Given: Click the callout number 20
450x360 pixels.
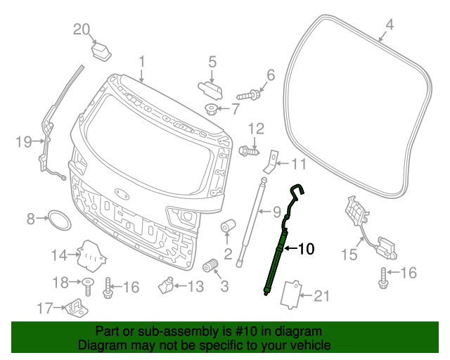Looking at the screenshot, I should click(x=82, y=29).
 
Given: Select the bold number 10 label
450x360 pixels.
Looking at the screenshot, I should click(x=307, y=248).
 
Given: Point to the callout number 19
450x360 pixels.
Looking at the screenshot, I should click(x=23, y=143).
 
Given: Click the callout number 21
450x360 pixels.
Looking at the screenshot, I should click(x=321, y=297).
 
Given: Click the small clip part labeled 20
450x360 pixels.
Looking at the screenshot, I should click(x=103, y=51).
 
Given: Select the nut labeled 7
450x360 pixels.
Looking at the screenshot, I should click(x=211, y=108).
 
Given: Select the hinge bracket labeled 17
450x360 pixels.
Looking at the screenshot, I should click(x=75, y=307).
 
